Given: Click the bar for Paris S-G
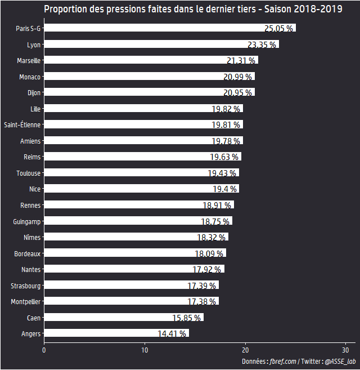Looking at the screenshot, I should point(169,28).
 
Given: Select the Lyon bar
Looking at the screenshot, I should point(161,44).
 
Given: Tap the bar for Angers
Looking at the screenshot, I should point(116,333).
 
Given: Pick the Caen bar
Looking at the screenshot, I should point(123,318).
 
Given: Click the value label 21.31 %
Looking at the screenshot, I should point(241,61).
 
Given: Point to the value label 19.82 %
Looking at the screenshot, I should point(227,109).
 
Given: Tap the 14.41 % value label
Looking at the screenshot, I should point(172,334).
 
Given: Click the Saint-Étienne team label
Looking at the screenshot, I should point(22,124).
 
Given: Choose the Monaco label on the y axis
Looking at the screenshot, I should point(29,77).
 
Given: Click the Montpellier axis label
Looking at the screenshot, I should point(25,302).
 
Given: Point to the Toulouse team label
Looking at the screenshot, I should point(28,173).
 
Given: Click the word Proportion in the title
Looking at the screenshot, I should point(65,9).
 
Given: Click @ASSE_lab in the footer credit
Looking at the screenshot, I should point(340,362).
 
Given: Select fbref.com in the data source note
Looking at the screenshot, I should point(282,362).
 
